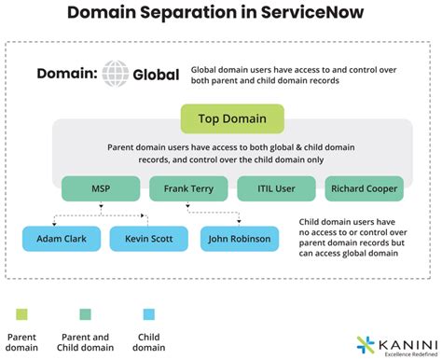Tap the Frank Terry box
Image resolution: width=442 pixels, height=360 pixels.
[x=188, y=188]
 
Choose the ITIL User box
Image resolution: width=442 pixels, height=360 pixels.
[x=276, y=188]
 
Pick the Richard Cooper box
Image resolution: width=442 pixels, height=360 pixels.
[x=365, y=188]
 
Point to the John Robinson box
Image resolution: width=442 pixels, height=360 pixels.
[x=240, y=240]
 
